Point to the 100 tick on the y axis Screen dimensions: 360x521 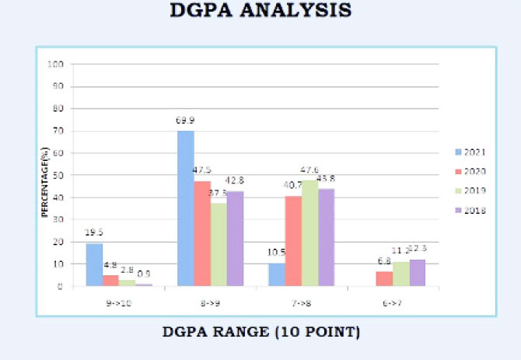pos(54,65)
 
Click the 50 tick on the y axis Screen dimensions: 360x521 pos(57,175)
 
